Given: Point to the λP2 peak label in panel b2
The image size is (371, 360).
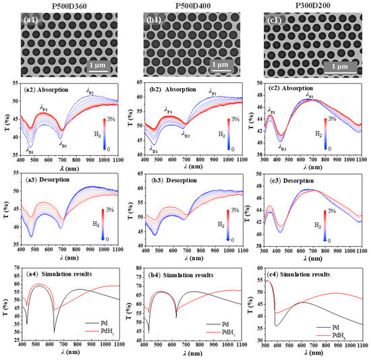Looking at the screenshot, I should coord(212,92).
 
